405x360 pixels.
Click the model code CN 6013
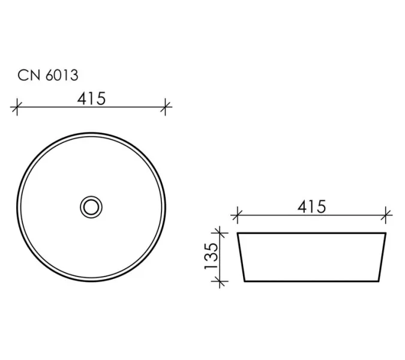(x=47, y=76)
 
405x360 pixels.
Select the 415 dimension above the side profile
(x=311, y=206)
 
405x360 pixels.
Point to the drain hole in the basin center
(x=91, y=207)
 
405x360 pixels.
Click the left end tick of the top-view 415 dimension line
(x=17, y=108)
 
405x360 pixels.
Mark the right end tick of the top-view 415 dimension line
(x=166, y=108)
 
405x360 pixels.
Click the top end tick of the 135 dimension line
(x=221, y=232)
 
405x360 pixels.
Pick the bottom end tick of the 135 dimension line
(x=221, y=281)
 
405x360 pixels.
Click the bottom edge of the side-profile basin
(x=312, y=281)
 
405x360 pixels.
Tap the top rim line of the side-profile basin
(x=312, y=232)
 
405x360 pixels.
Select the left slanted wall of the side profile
(x=241, y=257)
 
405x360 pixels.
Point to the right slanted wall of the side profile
(x=383, y=257)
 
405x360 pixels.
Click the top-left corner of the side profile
(x=238, y=233)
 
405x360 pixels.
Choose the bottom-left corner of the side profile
(x=244, y=281)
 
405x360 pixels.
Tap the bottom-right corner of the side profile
(x=380, y=281)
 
